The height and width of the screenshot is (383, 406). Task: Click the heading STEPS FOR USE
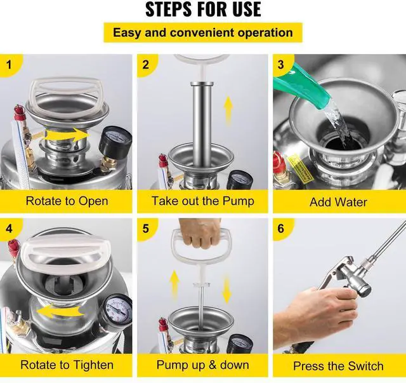[x=203, y=10]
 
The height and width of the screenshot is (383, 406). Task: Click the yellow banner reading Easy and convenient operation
[x=203, y=32]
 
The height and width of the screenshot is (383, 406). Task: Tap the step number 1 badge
[x=10, y=65]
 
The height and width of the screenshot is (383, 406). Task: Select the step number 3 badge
[x=282, y=65]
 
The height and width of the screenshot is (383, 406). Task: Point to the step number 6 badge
[x=282, y=229]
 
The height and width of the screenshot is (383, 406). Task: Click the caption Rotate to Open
[x=67, y=201]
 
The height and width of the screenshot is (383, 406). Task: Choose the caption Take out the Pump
[x=203, y=201]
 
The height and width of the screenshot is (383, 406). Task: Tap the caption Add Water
[x=338, y=202]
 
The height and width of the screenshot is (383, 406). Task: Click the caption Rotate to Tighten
[x=67, y=365]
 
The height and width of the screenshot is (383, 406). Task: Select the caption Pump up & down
[x=203, y=365]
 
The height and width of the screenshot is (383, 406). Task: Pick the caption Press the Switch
[x=338, y=366]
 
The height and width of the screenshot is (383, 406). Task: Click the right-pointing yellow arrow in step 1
[x=67, y=135]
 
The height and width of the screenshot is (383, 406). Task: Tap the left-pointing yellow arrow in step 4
[x=60, y=311]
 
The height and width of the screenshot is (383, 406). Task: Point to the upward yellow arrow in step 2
[x=228, y=111]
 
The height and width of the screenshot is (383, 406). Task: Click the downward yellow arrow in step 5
[x=227, y=288]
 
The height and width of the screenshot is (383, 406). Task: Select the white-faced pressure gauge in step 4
[x=115, y=311]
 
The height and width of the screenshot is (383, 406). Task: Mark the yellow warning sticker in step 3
[x=300, y=168]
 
